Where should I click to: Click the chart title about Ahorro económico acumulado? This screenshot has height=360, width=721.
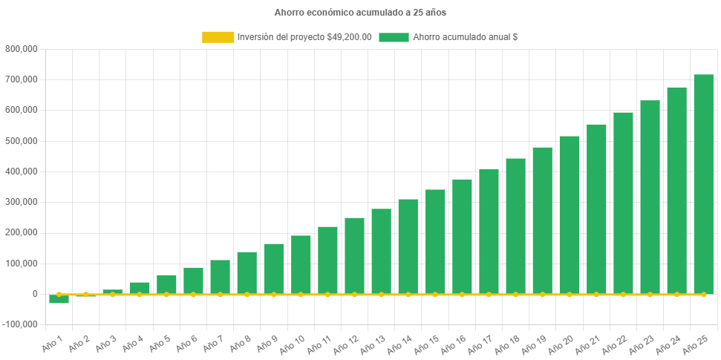[x=360, y=13]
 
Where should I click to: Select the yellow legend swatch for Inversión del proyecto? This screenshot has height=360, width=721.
[x=218, y=37]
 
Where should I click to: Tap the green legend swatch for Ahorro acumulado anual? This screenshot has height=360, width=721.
[x=394, y=37]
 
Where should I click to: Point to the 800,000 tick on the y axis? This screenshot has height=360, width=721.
[x=22, y=49]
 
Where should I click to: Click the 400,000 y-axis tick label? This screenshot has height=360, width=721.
[x=22, y=171]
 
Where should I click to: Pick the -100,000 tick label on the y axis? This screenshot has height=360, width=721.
[x=20, y=324]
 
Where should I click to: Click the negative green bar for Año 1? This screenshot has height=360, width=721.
[x=59, y=299]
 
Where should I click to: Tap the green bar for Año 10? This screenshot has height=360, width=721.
[x=301, y=264]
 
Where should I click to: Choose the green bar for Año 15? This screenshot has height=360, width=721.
[x=435, y=241]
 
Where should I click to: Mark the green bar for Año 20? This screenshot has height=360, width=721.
[x=570, y=215]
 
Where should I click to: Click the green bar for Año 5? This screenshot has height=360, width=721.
[x=166, y=284]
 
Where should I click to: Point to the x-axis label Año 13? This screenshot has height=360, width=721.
[x=371, y=344]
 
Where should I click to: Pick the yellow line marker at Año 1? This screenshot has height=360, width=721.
[x=59, y=295]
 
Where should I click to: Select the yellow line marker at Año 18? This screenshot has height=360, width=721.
[x=515, y=295]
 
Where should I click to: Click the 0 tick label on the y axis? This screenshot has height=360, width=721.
[x=34, y=294]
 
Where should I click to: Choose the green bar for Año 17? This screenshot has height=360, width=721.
[x=489, y=232]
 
